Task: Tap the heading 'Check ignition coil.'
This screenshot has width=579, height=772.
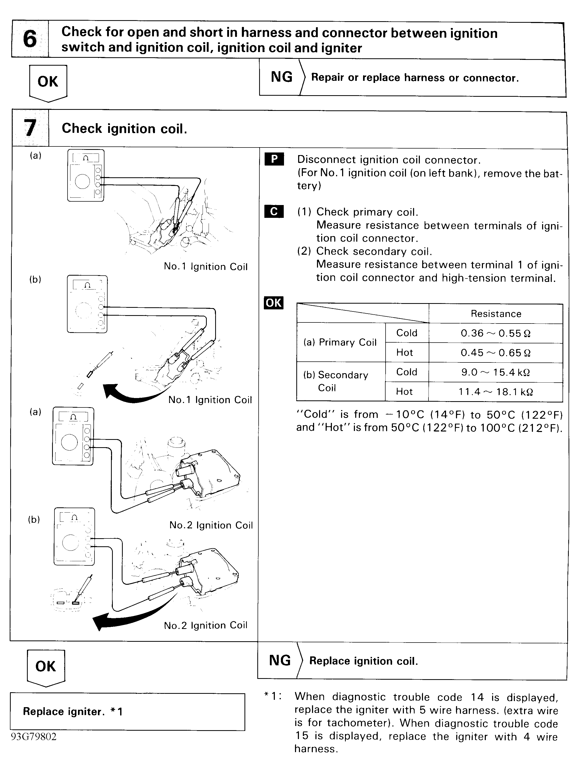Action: click(x=124, y=128)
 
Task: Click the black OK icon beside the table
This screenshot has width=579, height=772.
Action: click(x=274, y=303)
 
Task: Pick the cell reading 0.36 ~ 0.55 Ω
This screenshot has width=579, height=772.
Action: click(x=495, y=333)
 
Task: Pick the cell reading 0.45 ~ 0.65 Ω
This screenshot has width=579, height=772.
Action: click(x=495, y=353)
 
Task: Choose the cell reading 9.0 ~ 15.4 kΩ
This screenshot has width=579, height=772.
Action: click(x=495, y=372)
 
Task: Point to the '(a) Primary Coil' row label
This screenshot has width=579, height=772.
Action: click(x=340, y=342)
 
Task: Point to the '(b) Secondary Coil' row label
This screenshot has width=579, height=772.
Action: click(x=335, y=381)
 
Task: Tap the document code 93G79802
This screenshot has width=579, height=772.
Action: click(x=34, y=736)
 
